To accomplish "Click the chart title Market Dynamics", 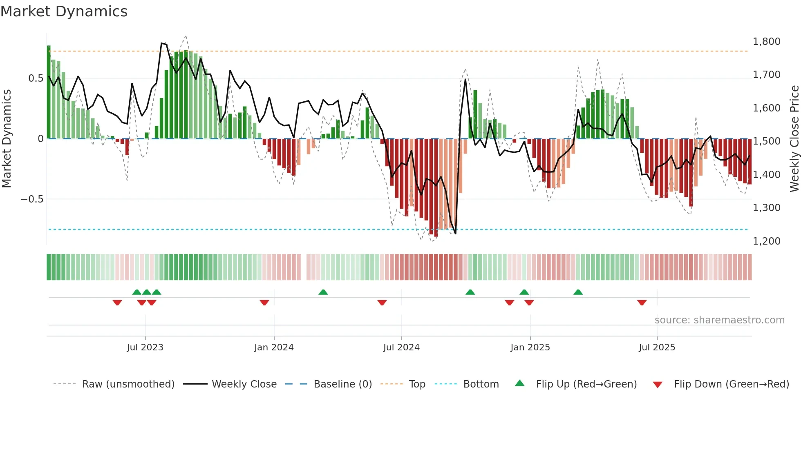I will tap(64, 11).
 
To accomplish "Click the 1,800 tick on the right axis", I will tap(766, 42).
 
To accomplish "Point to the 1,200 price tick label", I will tap(766, 241).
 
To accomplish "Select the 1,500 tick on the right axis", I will tap(766, 141).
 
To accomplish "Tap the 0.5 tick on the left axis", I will tap(36, 78).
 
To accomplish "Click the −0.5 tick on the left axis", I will tap(32, 199).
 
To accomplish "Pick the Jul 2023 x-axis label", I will tap(145, 348).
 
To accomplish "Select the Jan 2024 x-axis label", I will tap(273, 348).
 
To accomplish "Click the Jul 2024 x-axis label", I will tap(401, 348).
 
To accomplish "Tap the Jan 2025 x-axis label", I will tap(530, 348).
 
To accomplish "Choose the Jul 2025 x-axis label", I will tap(657, 348).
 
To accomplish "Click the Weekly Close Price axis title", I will tap(794, 139).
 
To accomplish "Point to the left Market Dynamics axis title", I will tap(7, 139).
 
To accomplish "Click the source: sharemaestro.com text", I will tap(719, 320).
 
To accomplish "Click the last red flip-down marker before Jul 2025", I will tap(642, 303).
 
